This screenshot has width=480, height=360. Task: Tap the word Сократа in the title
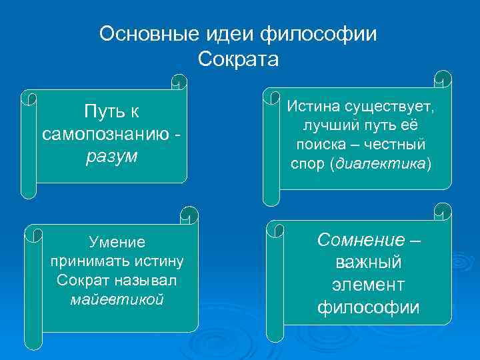(238, 59)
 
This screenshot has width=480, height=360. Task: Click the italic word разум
(111, 157)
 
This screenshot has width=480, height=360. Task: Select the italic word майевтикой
(117, 299)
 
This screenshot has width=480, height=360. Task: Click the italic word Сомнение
(361, 239)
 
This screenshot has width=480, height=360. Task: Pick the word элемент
(368, 285)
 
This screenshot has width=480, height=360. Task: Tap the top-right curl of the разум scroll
(179, 83)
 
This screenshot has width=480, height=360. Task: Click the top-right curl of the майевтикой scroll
(189, 214)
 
